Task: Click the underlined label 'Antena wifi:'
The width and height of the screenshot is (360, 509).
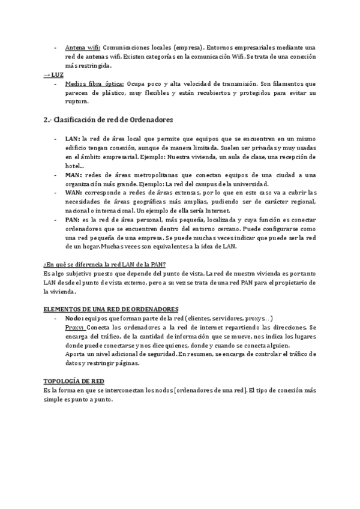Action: coord(82,47)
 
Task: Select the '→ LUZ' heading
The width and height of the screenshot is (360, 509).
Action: coord(55,74)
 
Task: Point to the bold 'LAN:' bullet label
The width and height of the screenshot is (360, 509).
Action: coord(73,139)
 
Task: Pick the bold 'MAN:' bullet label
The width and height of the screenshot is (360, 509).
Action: coord(74,175)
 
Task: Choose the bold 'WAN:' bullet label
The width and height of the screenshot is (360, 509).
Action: coord(74,193)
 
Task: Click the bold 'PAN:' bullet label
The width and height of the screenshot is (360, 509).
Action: coord(73,220)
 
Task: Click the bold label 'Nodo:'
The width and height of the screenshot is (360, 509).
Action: coord(74,318)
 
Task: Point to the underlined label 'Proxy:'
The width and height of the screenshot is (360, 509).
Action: coord(75,327)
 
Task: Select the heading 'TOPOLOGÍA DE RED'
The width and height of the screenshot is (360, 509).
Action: coord(74,381)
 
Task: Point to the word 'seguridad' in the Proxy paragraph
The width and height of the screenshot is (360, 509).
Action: coord(158,354)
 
